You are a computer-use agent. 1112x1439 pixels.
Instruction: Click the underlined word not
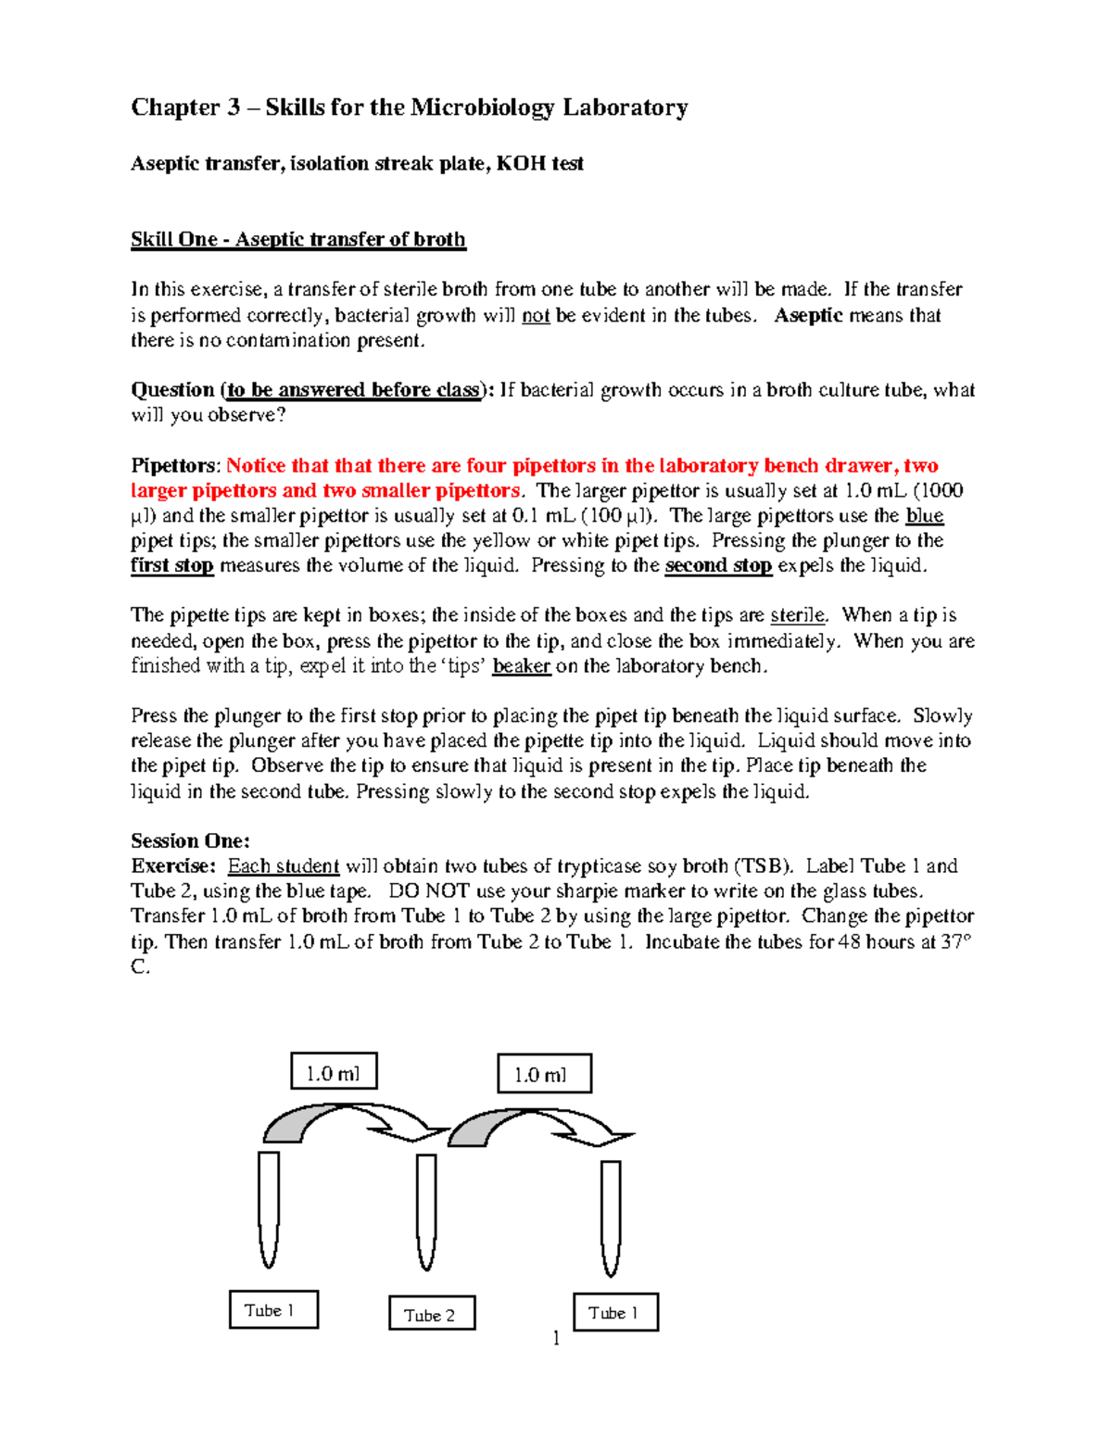click(536, 316)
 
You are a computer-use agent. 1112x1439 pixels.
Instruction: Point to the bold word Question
click(172, 390)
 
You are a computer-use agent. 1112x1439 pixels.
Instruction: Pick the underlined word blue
click(924, 516)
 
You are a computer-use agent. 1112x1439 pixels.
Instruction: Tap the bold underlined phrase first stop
click(171, 566)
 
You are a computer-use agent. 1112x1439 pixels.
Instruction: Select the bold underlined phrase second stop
click(718, 566)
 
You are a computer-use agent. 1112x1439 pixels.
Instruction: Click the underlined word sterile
click(797, 615)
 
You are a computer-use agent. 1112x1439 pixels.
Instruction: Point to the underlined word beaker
click(522, 666)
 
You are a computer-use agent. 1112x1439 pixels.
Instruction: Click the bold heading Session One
click(190, 841)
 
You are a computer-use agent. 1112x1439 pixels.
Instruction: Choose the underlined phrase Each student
click(284, 866)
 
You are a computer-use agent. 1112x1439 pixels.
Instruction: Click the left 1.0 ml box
click(334, 1072)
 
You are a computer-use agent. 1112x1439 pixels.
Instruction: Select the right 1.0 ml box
click(544, 1074)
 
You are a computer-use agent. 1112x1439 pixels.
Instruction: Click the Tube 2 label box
click(432, 1314)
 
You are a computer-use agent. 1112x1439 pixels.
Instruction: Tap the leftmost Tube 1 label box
click(273, 1310)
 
